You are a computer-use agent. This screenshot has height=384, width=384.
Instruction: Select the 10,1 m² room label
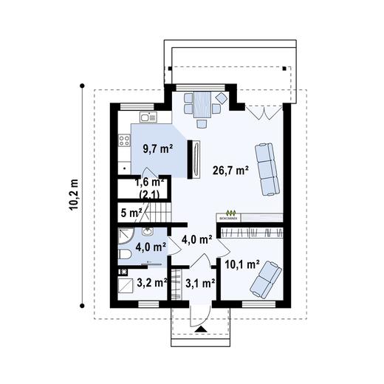(241, 264)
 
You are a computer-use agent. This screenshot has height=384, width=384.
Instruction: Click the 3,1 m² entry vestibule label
(199, 282)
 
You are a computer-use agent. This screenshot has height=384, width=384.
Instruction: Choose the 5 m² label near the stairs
(131, 213)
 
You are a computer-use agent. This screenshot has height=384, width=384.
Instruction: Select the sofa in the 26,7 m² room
(267, 168)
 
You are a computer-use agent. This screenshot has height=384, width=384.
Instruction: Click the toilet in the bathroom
(125, 255)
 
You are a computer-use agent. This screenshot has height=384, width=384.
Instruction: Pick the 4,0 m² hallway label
(197, 239)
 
